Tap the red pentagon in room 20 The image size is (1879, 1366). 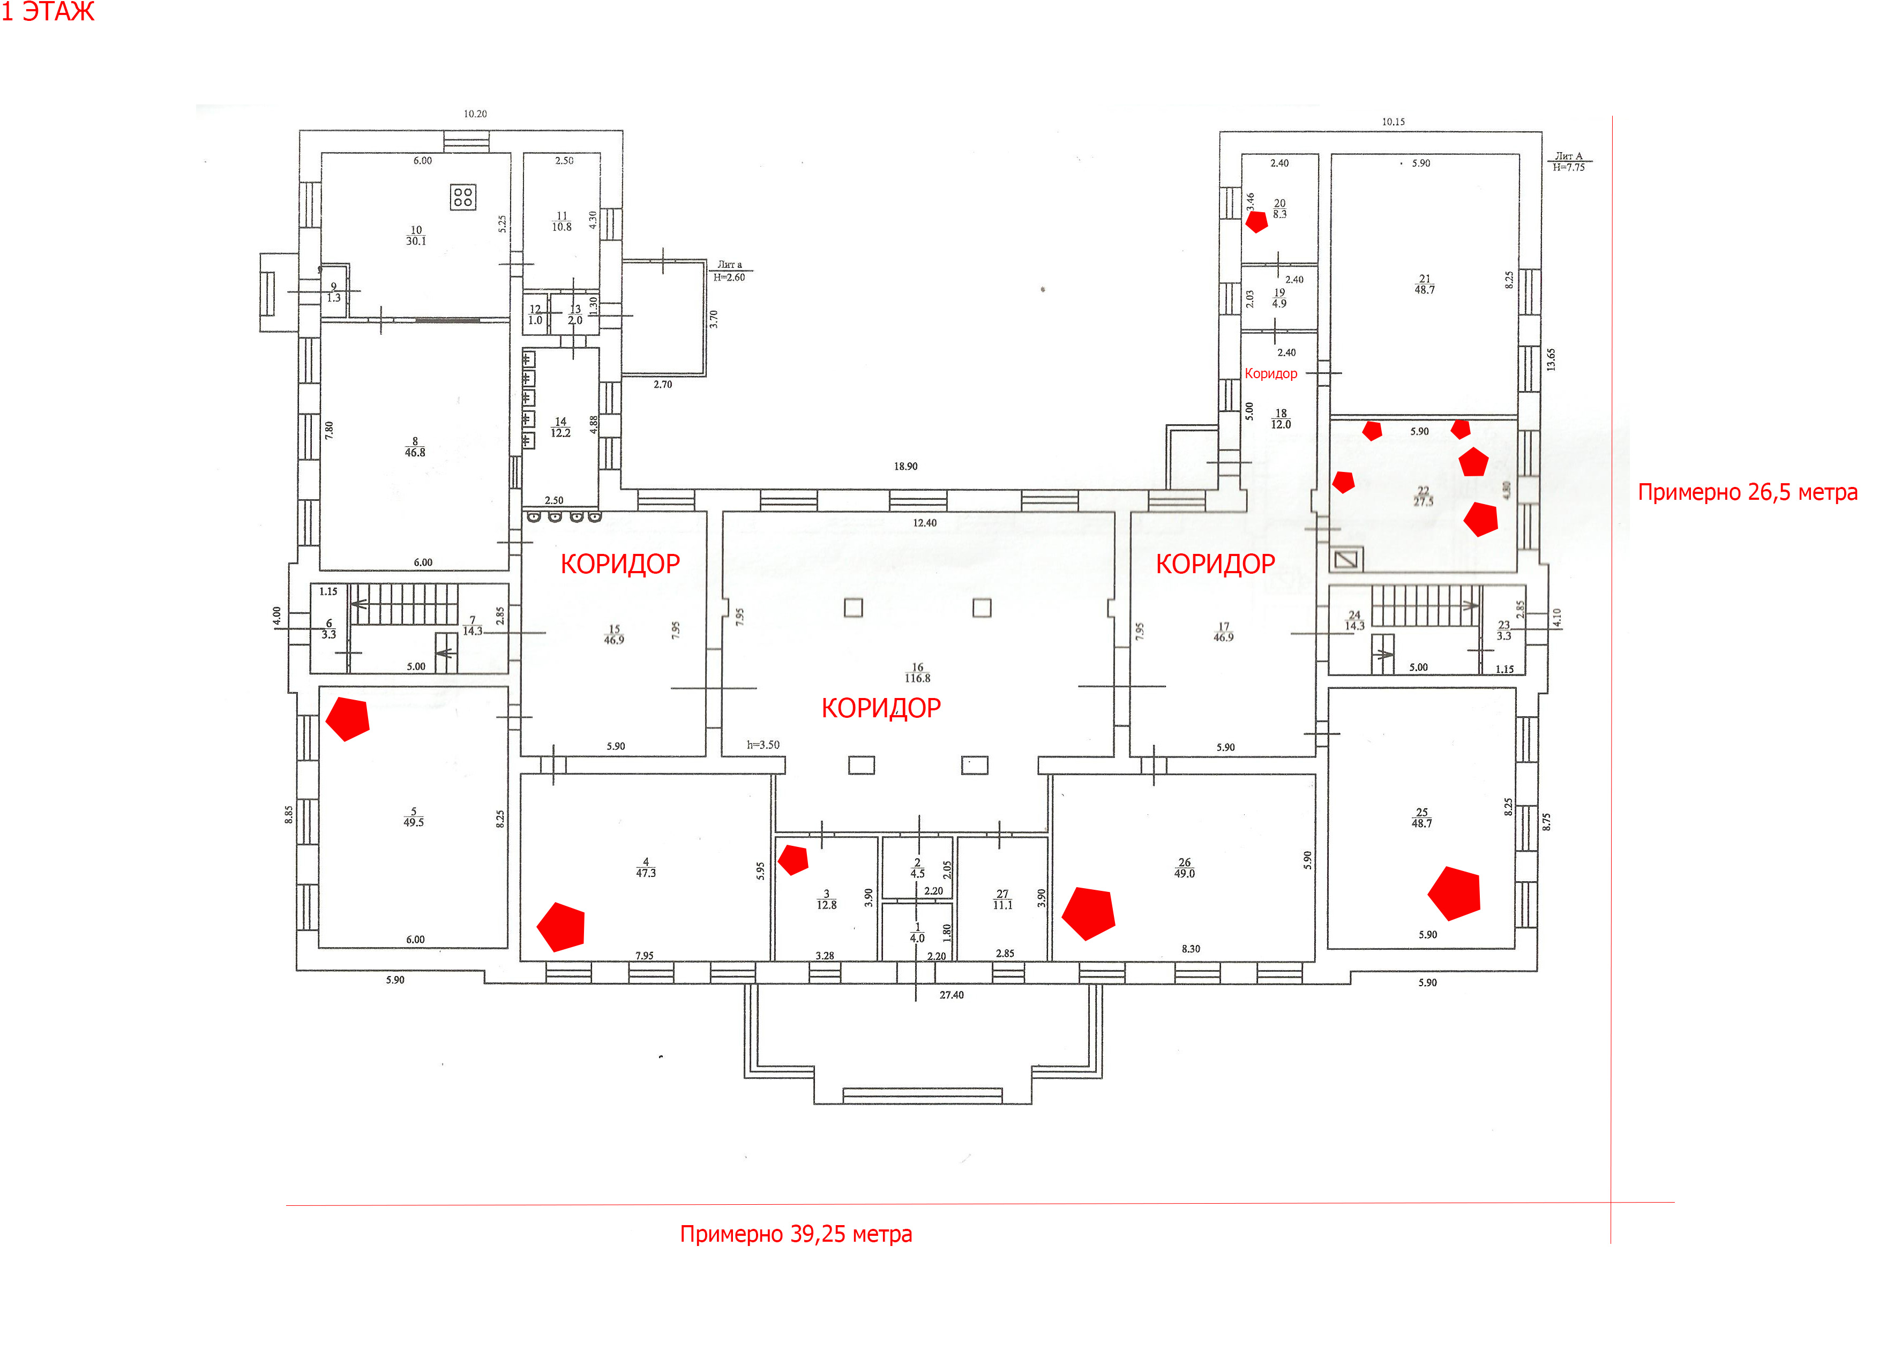coord(1257,221)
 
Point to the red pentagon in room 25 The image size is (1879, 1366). coord(1455,893)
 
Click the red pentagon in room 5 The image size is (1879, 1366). coord(348,718)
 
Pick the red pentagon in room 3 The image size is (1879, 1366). coord(793,859)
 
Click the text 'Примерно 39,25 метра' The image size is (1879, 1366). coord(795,1234)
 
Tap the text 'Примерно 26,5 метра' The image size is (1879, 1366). coord(1747,492)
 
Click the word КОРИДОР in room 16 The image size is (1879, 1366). coord(881,708)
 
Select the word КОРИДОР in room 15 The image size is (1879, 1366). coord(620,564)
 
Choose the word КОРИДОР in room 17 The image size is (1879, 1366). coord(1215,564)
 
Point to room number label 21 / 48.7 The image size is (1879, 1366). coord(1424,284)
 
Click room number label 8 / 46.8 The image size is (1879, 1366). coord(415,447)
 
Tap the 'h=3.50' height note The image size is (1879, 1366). coord(763,745)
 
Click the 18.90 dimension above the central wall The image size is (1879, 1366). coord(905,467)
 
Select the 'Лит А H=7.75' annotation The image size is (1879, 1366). coord(1568,162)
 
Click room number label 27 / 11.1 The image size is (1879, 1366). coord(1002,899)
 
